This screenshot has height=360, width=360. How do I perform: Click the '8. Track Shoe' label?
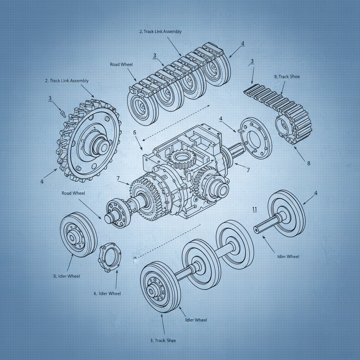[x=287, y=76]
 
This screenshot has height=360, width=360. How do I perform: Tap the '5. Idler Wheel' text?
[x=66, y=276]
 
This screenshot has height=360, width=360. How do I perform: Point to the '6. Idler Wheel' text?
[x=107, y=293]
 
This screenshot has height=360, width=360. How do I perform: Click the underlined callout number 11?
[x=255, y=209]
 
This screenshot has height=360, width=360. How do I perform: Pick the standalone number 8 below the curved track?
[x=309, y=163]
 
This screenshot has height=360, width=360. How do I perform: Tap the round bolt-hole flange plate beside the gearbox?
[x=256, y=138]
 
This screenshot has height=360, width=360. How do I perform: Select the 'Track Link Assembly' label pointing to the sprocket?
[x=67, y=81]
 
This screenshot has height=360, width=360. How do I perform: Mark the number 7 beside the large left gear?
[x=118, y=179]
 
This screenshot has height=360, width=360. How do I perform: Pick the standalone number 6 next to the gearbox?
[x=134, y=133]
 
